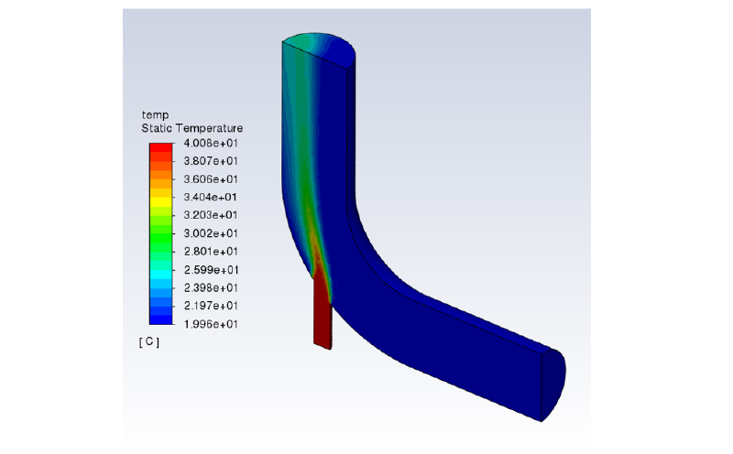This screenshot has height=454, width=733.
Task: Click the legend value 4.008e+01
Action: click(212, 143)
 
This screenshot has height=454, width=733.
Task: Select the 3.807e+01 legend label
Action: click(212, 161)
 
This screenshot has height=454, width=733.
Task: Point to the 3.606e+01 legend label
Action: click(212, 179)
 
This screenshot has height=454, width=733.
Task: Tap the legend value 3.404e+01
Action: click(212, 197)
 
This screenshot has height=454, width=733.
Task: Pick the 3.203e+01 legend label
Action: click(212, 215)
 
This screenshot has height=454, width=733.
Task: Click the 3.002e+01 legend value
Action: click(212, 233)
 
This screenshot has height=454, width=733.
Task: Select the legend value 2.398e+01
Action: click(212, 287)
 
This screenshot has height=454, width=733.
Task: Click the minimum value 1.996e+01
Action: click(212, 323)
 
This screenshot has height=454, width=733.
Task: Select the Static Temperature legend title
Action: click(191, 129)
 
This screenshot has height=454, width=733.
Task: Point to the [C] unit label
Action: click(149, 342)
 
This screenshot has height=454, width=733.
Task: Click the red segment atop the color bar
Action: click(161, 148)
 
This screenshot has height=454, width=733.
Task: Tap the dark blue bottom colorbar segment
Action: click(161, 319)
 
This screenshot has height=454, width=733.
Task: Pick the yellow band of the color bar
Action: click(161, 197)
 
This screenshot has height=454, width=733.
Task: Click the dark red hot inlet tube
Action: click(322, 316)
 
